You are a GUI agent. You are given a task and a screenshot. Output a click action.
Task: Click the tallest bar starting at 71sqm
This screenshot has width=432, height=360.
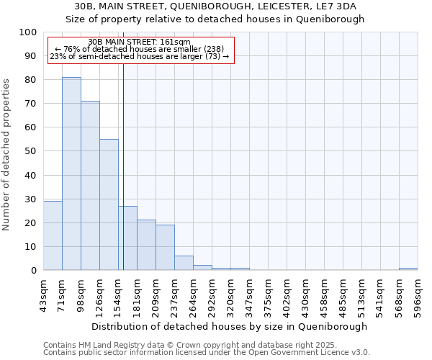[71, 174]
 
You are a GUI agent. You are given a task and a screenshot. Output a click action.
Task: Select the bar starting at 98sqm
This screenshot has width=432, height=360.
[90, 186]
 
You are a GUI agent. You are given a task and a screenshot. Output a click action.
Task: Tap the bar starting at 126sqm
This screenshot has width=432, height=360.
[109, 204]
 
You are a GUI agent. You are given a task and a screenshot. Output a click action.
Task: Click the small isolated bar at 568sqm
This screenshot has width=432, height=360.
[408, 269]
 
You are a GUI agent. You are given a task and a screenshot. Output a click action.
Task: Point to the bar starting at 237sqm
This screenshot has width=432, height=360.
[184, 263]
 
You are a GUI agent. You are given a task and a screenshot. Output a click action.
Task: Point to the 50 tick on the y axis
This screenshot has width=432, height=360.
[31, 151]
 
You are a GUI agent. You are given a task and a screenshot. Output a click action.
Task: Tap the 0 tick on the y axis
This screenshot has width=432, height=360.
[34, 271]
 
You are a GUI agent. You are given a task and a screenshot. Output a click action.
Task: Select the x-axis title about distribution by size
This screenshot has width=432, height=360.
[230, 326]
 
